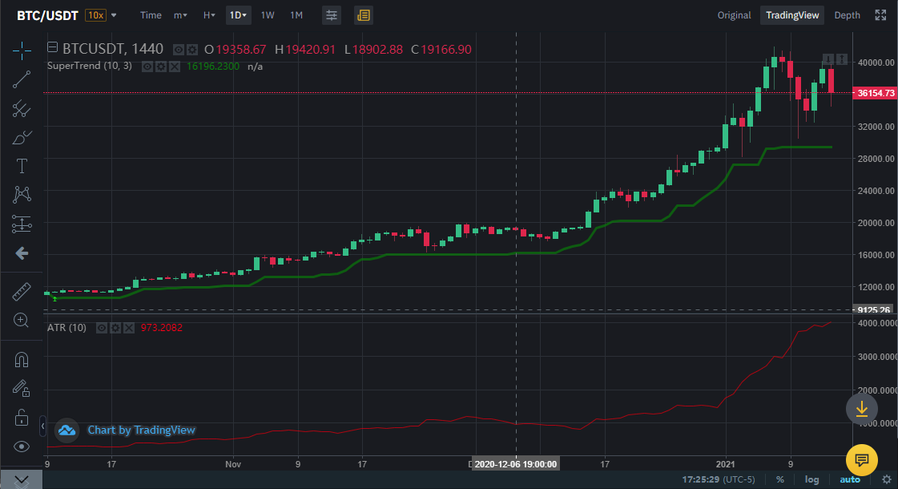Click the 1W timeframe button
tap(268, 15)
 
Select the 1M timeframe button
tap(296, 15)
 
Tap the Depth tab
tap(847, 15)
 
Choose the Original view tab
tap(734, 15)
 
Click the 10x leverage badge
tap(95, 15)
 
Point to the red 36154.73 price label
tap(875, 93)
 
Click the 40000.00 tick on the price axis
tap(875, 63)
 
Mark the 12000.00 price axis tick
tap(875, 287)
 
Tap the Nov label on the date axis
tap(233, 463)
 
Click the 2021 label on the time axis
tap(726, 463)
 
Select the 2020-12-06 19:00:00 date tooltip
tap(515, 463)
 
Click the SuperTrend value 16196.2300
tap(213, 67)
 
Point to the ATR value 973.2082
tap(163, 328)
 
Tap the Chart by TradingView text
tap(141, 430)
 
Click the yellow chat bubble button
tap(862, 459)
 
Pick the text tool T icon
tap(22, 167)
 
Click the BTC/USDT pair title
tap(47, 15)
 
